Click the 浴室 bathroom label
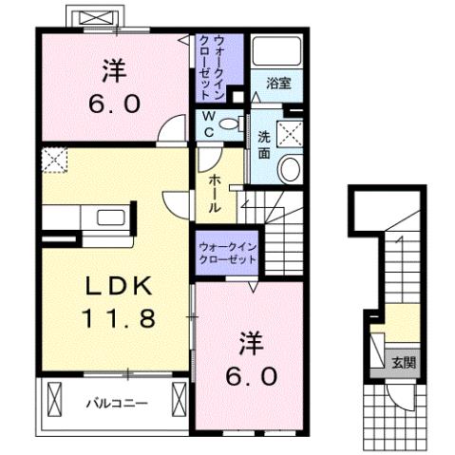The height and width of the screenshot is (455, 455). [278, 84]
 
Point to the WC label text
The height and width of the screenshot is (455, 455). [207, 125]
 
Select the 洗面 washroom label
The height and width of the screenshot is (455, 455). [264, 143]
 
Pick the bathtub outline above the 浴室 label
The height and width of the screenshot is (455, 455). [276, 52]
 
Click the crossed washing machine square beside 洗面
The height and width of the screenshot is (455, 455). [290, 132]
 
